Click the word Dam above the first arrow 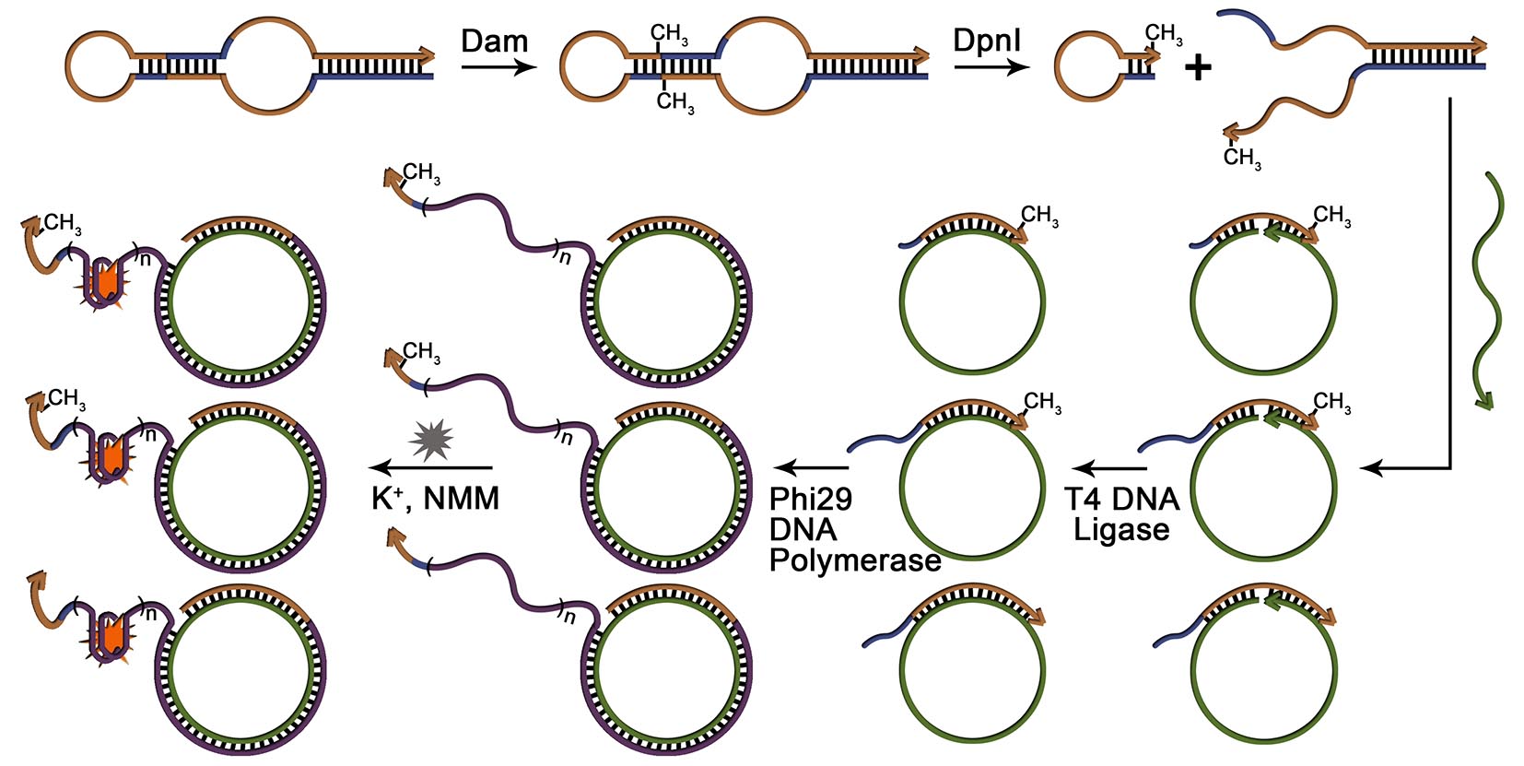pyautogui.click(x=495, y=41)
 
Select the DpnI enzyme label pyautogui.click(x=987, y=41)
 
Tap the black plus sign pyautogui.click(x=1198, y=67)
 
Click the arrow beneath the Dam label pyautogui.click(x=498, y=67)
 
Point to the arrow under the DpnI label pyautogui.click(x=991, y=67)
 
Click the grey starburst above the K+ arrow pyautogui.click(x=431, y=440)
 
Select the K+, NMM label pyautogui.click(x=435, y=499)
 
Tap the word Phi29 pyautogui.click(x=811, y=500)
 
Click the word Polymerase pyautogui.click(x=855, y=560)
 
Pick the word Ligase pyautogui.click(x=1121, y=530)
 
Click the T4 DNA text pyautogui.click(x=1121, y=500)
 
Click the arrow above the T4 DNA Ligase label pyautogui.click(x=1109, y=468)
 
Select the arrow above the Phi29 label pyautogui.click(x=811, y=468)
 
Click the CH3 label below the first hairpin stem pyautogui.click(x=675, y=102)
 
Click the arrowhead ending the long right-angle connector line pyautogui.click(x=1371, y=468)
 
